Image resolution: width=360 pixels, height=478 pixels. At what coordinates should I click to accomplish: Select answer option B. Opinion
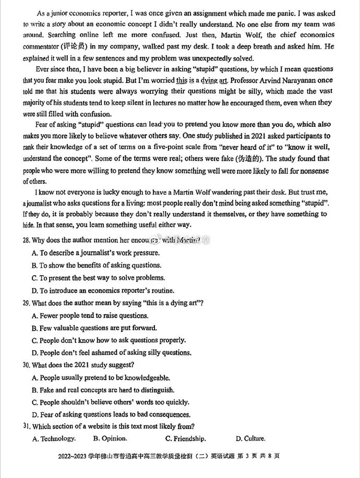tap(110, 438)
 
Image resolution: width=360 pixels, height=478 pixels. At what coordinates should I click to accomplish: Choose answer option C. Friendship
tap(185, 438)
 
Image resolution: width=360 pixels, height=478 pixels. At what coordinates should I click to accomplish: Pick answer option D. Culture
tap(250, 438)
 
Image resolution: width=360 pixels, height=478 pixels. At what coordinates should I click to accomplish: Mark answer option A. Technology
tap(54, 438)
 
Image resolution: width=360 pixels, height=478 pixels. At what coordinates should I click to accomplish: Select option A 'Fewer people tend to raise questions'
tap(90, 316)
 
